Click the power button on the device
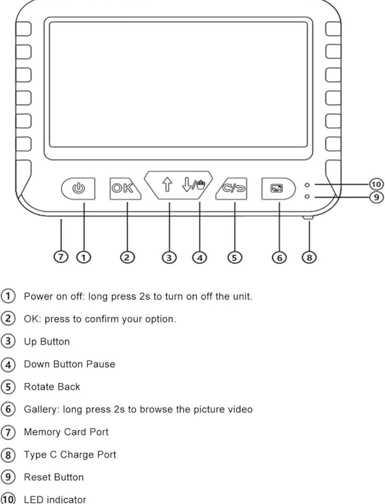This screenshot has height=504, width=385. pyautogui.click(x=78, y=188)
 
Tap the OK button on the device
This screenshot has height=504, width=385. pyautogui.click(x=123, y=188)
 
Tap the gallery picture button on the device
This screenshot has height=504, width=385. pyautogui.click(x=277, y=188)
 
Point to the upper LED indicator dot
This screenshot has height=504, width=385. pyautogui.click(x=307, y=185)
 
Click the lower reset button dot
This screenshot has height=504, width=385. pyautogui.click(x=307, y=196)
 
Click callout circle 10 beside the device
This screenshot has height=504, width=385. pyautogui.click(x=376, y=184)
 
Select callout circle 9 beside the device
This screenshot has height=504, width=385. pyautogui.click(x=376, y=197)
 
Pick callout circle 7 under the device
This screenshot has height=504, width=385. pyautogui.click(x=61, y=257)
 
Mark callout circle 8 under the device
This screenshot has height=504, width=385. pyautogui.click(x=309, y=257)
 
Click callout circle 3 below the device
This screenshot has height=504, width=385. pyautogui.click(x=169, y=257)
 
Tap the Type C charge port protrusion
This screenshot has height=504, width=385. pyautogui.click(x=308, y=218)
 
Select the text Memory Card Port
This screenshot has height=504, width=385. pyautogui.click(x=66, y=432)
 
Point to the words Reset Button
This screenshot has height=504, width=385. pyautogui.click(x=54, y=477)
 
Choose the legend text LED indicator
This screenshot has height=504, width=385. pyautogui.click(x=55, y=500)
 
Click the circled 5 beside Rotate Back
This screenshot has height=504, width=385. pyautogui.click(x=8, y=387)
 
